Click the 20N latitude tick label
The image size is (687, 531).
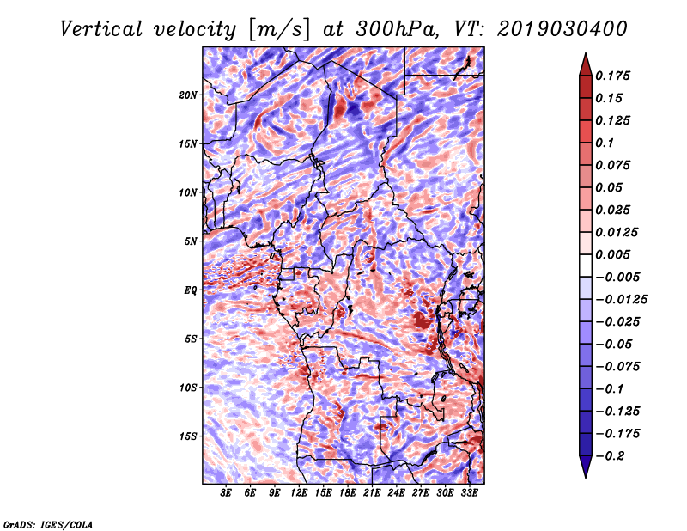click(188, 95)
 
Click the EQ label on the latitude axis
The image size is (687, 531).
click(191, 290)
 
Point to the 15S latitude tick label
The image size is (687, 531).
click(188, 436)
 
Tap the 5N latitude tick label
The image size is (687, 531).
click(191, 241)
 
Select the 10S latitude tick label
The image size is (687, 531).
click(188, 388)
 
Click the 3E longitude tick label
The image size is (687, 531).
click(226, 493)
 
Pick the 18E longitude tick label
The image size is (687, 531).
click(348, 493)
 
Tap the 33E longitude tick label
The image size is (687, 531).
click(469, 493)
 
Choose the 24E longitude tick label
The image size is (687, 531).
click(396, 493)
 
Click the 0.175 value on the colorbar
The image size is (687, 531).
click(612, 76)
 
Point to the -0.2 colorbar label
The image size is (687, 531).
click(610, 456)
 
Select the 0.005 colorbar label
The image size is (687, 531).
click(612, 254)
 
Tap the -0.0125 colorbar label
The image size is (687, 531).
click(621, 300)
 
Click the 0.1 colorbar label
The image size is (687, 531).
click(605, 143)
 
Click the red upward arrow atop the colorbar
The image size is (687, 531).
click(586, 64)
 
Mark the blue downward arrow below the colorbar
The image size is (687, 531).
click(586, 466)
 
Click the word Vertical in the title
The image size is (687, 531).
click(101, 29)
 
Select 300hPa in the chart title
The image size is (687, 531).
click(398, 29)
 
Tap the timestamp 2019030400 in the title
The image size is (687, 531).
click(562, 29)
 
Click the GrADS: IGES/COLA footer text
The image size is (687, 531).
click(48, 524)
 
